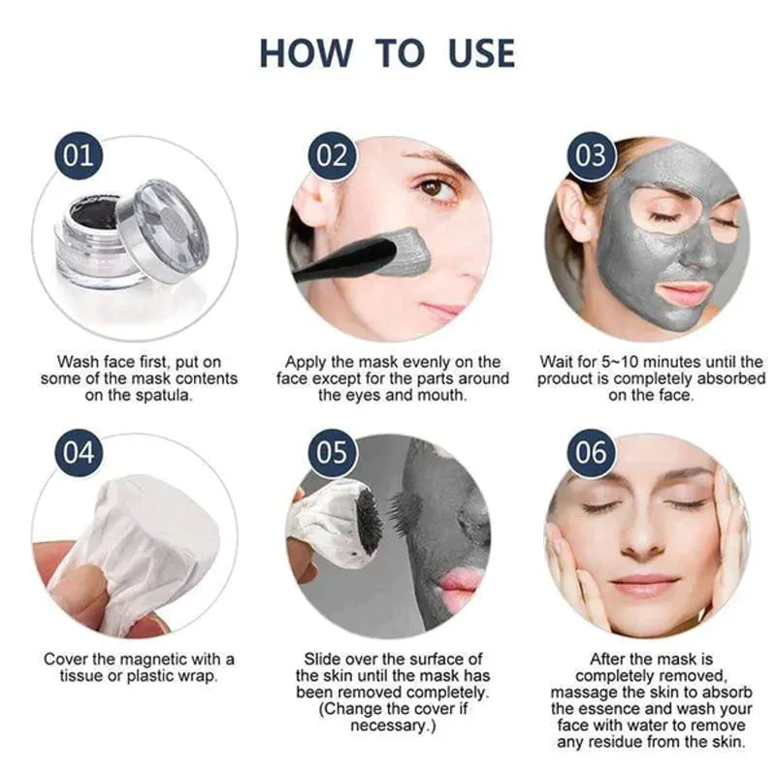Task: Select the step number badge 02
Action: click(x=332, y=156)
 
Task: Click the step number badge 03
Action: click(x=590, y=156)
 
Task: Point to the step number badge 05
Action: click(x=332, y=453)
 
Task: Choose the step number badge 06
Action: click(x=590, y=453)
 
